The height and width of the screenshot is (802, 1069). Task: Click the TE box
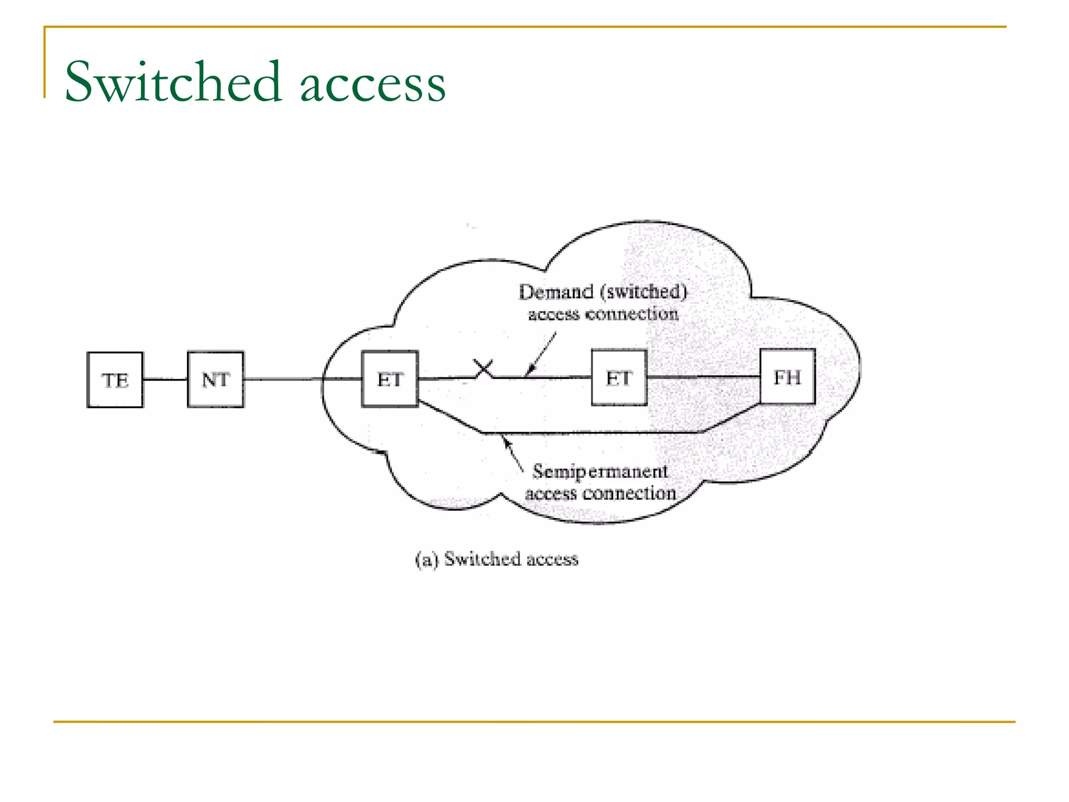pos(115,380)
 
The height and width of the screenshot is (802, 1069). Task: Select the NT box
pos(216,380)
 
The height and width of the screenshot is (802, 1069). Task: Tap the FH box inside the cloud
pos(787,377)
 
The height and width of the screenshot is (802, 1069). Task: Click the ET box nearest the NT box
pos(390,379)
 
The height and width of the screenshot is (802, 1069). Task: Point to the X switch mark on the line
pos(483,369)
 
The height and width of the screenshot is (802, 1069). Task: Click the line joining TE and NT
pos(165,380)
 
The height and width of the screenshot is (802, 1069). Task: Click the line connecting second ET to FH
pos(703,376)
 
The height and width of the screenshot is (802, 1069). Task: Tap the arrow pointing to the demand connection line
pos(540,355)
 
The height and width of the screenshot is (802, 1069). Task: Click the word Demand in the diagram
pos(556,292)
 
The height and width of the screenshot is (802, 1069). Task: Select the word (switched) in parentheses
pos(644,292)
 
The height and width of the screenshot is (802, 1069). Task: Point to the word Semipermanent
pos(600,471)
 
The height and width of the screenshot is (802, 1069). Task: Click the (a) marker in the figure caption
pos(426,560)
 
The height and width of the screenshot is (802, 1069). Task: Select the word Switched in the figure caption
pos(483,559)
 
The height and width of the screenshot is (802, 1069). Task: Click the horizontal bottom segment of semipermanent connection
pos(590,433)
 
